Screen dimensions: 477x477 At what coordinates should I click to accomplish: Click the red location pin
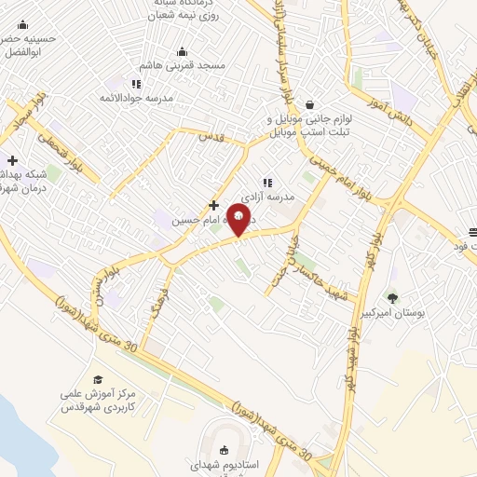[240, 221]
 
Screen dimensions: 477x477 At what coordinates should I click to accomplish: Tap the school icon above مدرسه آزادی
[266, 183]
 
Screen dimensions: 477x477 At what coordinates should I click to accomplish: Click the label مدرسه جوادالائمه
[141, 97]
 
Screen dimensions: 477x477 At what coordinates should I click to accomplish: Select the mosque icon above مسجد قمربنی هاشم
[181, 52]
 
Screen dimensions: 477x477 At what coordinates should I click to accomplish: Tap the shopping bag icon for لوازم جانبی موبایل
[309, 105]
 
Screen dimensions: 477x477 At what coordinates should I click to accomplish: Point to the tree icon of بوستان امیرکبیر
[391, 298]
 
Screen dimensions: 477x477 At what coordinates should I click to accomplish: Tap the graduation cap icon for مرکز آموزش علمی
[98, 379]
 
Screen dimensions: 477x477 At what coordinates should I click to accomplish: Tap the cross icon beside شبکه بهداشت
[12, 160]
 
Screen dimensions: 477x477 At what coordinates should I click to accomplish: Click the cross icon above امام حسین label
[213, 205]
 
